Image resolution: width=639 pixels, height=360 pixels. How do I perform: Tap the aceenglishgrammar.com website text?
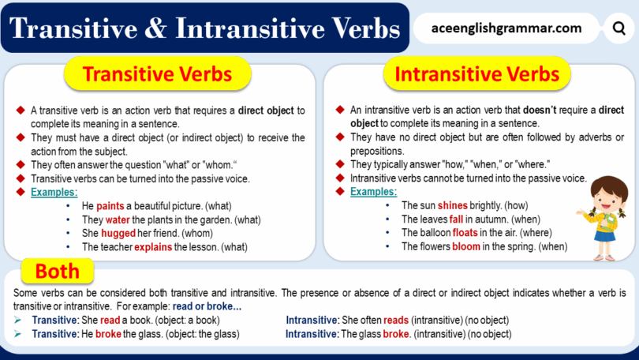506,29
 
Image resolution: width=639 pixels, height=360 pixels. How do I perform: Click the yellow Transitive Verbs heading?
157,75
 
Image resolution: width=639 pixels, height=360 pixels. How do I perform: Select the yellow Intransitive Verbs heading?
476,75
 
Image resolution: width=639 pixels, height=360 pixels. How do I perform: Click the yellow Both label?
58,272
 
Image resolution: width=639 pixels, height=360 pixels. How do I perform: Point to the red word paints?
110,206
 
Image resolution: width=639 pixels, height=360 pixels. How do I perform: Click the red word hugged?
118,233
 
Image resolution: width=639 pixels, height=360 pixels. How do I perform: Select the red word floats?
467,233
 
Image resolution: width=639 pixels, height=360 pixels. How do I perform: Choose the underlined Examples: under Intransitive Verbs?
374,192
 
